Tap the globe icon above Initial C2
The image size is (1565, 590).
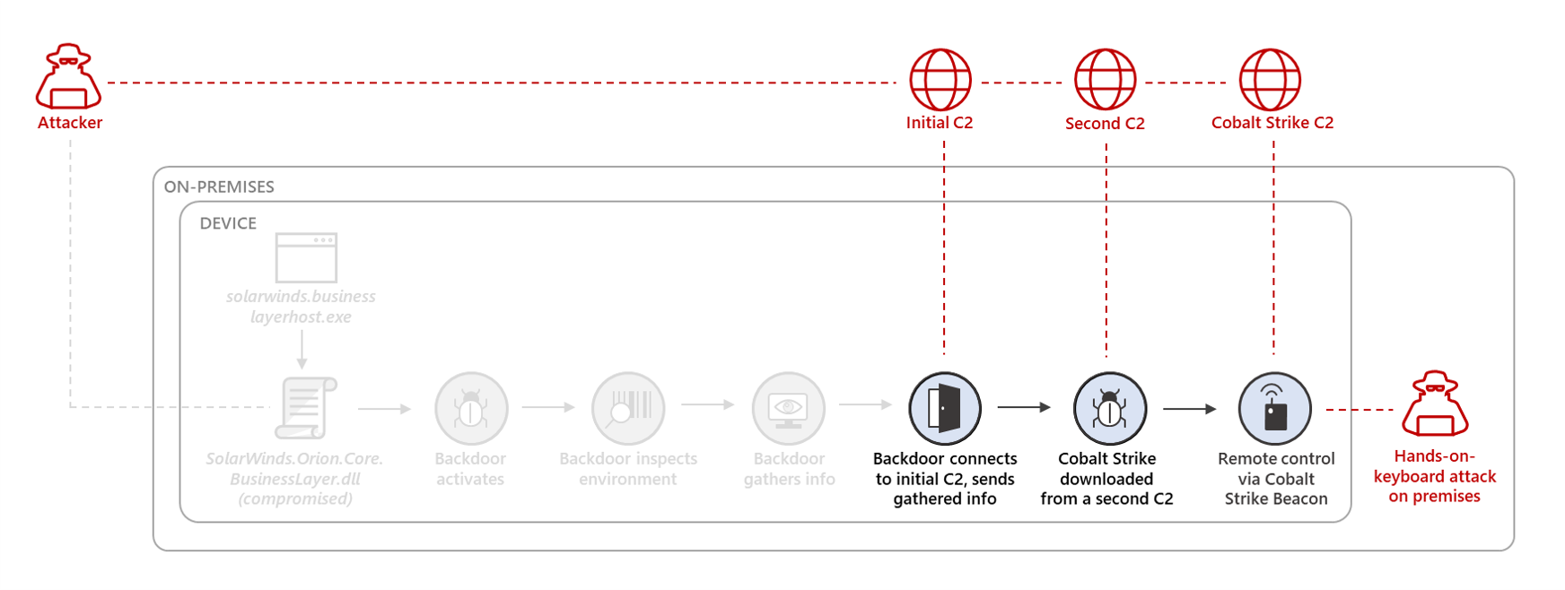pos(940,80)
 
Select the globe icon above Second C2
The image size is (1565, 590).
pos(1105,80)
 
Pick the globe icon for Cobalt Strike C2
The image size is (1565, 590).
pos(1270,80)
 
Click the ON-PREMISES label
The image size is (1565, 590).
pos(219,187)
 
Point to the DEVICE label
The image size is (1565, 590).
pos(228,223)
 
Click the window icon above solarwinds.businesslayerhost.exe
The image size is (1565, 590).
pos(306,257)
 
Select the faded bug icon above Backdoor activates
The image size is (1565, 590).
pos(471,409)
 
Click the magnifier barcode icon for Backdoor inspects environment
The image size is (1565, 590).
pos(628,409)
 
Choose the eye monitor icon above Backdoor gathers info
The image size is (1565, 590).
pos(788,409)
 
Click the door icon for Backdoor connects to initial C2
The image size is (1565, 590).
pos(944,409)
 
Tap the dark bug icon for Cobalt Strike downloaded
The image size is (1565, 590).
pos(1109,409)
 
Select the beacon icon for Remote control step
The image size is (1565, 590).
pos(1274,409)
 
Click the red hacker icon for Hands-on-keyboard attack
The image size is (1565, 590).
pos(1435,404)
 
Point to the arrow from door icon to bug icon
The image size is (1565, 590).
pos(1024,407)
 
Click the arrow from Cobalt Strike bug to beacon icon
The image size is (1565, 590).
pos(1190,409)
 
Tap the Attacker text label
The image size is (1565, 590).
pos(70,123)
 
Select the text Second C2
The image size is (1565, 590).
pos(1105,124)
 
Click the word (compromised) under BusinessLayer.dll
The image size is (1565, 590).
pos(295,499)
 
